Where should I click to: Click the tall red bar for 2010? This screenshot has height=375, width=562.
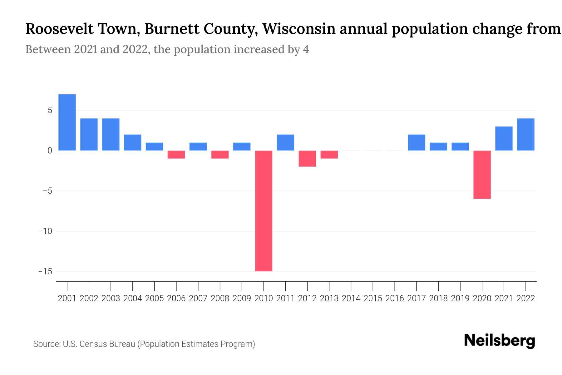(264, 211)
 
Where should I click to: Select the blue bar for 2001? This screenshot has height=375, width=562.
(67, 122)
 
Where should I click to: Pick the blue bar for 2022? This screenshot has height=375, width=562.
(526, 134)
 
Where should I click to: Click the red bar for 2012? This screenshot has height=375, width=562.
(307, 158)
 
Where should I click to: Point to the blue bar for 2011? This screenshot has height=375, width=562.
(285, 142)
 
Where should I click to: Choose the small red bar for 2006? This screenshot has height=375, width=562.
(176, 154)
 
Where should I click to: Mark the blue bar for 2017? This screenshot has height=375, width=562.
(417, 142)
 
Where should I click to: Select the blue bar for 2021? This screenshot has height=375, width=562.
(504, 138)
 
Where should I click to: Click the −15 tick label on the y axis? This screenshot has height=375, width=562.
(46, 271)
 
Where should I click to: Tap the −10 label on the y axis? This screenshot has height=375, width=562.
(46, 231)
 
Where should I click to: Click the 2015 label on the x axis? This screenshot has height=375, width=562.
(373, 298)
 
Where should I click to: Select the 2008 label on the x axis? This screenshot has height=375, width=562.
(220, 298)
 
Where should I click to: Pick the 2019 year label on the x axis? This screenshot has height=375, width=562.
(460, 298)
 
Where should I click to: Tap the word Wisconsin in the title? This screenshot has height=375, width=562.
(299, 29)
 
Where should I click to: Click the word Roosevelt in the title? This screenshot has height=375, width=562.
(59, 29)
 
